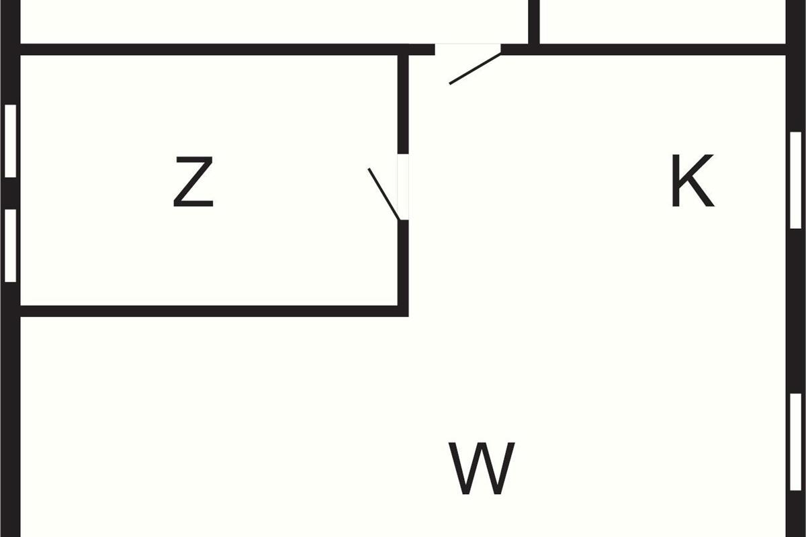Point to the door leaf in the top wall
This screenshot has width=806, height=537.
[475, 69]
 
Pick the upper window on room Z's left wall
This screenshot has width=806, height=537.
[10, 141]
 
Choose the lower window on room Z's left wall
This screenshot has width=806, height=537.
[10, 245]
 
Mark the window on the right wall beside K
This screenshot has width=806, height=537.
[796, 180]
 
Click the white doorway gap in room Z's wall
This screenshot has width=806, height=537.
[403, 187]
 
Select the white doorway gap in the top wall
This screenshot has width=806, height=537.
[467, 49]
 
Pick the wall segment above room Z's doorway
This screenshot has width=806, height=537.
[403, 104]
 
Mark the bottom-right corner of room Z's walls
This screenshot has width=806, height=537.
[403, 311]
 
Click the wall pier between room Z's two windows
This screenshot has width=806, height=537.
[10, 193]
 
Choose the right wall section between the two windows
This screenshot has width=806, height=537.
[796, 309]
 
